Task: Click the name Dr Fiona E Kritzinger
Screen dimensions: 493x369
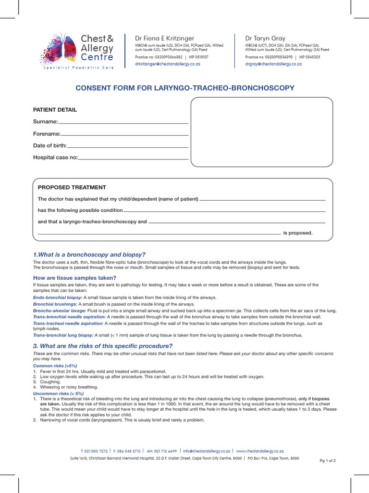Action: pyautogui.click(x=164, y=38)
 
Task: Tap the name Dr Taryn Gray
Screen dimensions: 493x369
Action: pyautogui.click(x=265, y=38)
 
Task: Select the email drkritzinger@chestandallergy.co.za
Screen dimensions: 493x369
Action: pyautogui.click(x=168, y=64)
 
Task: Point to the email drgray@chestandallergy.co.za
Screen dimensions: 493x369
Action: pyautogui.click(x=273, y=64)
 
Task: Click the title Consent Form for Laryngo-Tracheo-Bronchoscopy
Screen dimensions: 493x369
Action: pyautogui.click(x=185, y=88)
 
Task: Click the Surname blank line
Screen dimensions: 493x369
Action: pyautogui.click(x=123, y=123)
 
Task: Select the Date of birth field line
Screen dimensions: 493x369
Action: pyautogui.click(x=127, y=146)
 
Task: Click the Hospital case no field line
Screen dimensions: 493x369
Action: pyautogui.click(x=133, y=158)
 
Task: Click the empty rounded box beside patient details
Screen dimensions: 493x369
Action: pyautogui.click(x=262, y=132)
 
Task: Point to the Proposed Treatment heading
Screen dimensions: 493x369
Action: pyautogui.click(x=72, y=187)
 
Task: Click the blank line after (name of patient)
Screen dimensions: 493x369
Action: pyautogui.click(x=262, y=199)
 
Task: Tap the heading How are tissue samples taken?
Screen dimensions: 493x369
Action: pyautogui.click(x=74, y=278)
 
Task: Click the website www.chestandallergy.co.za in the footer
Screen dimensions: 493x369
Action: pyautogui.click(x=260, y=451)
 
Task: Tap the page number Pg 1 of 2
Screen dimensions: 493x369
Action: pyautogui.click(x=328, y=461)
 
